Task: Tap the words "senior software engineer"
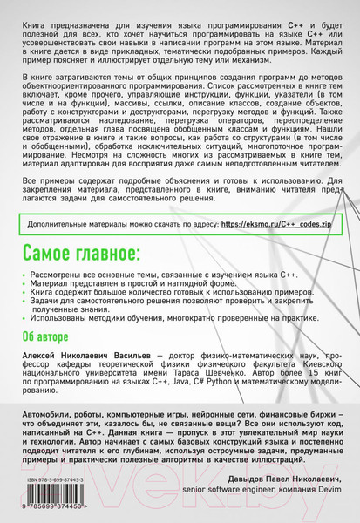click(x=221, y=493)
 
